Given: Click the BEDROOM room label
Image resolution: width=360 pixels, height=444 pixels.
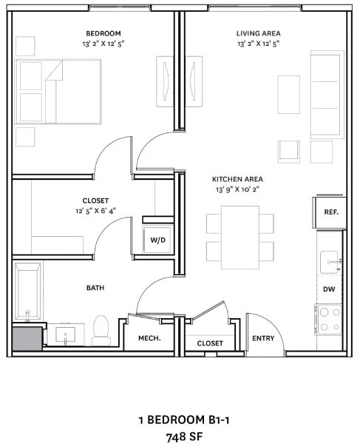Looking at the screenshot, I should coord(103,33).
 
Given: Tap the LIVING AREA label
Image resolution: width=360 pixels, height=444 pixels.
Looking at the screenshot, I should coord(258,33).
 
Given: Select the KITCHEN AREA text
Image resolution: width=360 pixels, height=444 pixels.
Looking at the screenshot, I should coord(237,179).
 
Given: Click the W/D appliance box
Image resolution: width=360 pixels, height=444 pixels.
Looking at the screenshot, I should coord(157,240).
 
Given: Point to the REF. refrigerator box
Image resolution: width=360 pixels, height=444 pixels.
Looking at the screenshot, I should coord(330,212).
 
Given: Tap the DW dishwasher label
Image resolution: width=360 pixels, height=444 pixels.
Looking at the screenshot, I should coord(330,289).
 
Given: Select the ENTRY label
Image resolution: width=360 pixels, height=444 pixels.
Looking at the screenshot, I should coord(263,339).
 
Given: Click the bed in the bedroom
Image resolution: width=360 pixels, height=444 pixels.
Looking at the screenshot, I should coord(58,91).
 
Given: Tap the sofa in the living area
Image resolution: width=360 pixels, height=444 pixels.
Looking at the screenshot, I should coord(327,94).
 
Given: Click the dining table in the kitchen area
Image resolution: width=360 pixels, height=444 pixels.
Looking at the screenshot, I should coord(240,237).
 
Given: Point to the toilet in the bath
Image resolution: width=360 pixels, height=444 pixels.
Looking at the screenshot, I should coord(101,330).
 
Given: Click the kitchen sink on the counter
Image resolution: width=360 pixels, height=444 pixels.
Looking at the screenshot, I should coord(330,261).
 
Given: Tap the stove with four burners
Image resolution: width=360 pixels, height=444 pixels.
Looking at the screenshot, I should coord(330,319).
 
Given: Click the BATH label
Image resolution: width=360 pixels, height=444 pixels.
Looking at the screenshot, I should coord(95,287).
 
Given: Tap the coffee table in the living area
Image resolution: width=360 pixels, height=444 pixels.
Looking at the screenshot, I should coord(289,94).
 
